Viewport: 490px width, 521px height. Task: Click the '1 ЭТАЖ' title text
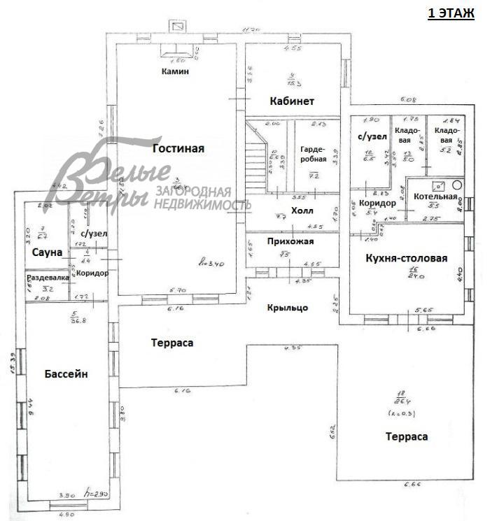pos(451,13)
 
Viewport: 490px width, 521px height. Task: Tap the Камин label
pos(174,71)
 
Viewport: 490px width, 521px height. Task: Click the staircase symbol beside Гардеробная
pos(258,157)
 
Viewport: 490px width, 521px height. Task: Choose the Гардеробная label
pos(312,154)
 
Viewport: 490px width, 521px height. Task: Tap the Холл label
pos(302,210)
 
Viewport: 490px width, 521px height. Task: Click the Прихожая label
pos(290,241)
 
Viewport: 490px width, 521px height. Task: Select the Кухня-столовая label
pos(406,258)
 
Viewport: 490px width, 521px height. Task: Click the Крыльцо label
pos(287,306)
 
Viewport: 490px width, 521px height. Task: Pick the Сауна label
pos(47,252)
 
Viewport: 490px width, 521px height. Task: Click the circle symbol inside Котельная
pos(457,186)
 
